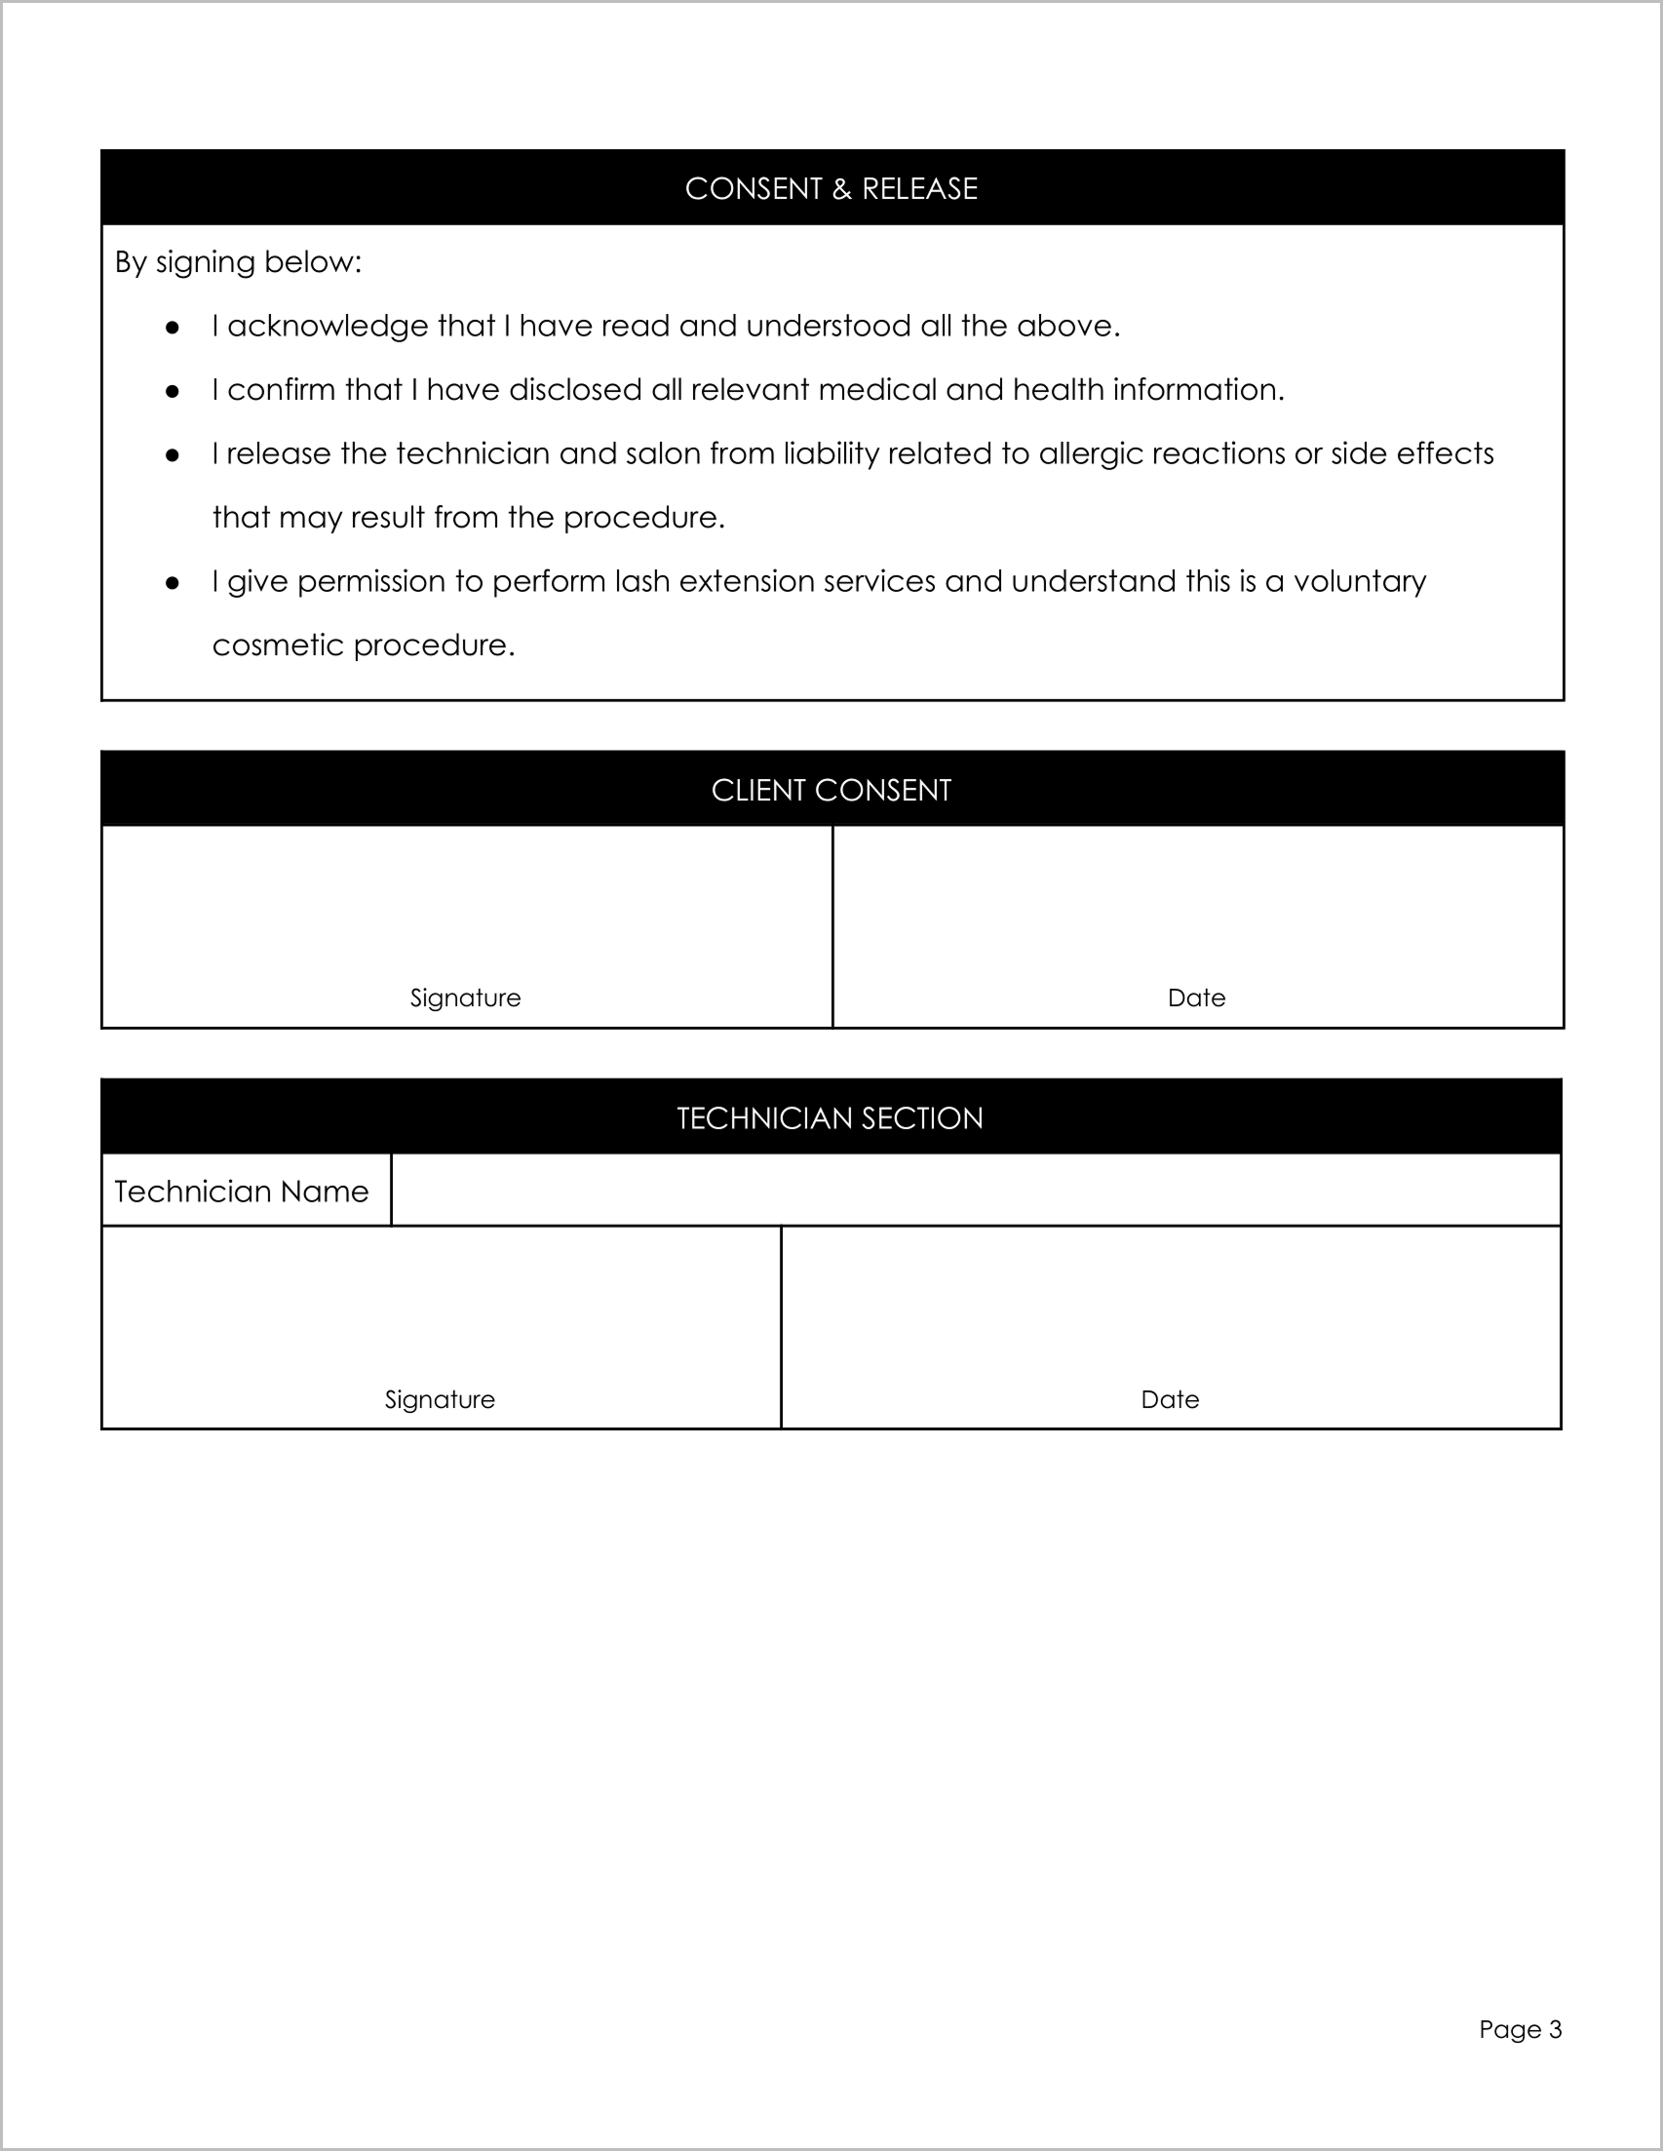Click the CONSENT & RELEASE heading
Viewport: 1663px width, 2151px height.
coord(831,189)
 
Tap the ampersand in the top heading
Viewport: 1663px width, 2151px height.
coord(842,189)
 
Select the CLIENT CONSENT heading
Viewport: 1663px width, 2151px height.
coord(831,790)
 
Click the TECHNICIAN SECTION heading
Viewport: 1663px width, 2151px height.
coord(830,1117)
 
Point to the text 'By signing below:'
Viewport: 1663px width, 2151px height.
coord(238,262)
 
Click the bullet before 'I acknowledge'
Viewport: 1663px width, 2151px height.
coord(173,327)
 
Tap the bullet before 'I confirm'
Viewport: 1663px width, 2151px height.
coord(173,391)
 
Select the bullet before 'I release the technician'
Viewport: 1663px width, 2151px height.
coord(173,455)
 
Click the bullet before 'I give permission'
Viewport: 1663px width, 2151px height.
coord(173,583)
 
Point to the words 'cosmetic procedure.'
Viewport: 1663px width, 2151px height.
coord(364,646)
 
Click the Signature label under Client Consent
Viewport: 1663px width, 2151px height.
coord(465,997)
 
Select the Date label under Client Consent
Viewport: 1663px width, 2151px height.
coord(1196,997)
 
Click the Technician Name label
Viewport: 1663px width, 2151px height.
coord(241,1192)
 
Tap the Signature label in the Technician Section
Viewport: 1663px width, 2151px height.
coord(439,1399)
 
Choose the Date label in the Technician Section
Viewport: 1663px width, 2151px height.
coord(1170,1399)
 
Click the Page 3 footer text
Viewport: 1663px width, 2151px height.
coord(1520,2029)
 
